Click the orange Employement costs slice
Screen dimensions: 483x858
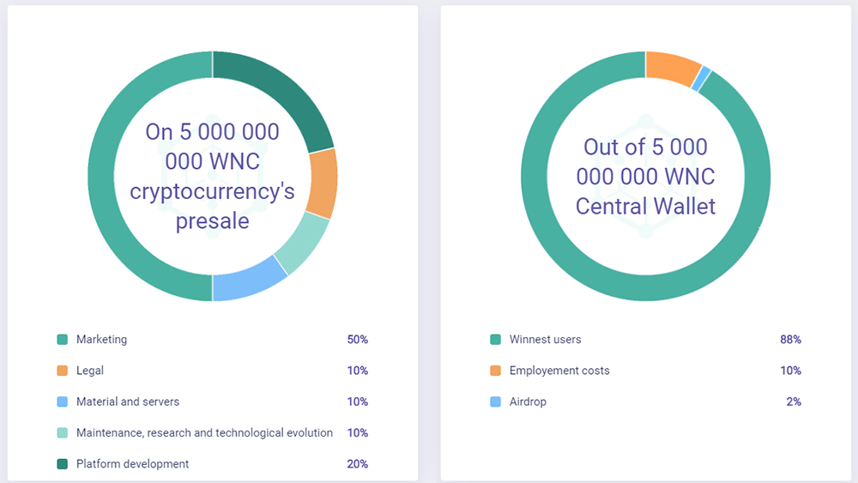674,68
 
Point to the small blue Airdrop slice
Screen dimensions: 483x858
705,78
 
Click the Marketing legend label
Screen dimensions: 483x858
101,340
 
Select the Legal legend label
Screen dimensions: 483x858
90,371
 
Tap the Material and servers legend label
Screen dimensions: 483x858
128,401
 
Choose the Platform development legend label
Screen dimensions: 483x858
132,464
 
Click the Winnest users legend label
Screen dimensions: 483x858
545,340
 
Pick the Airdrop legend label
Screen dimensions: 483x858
528,401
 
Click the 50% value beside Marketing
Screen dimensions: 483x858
358,340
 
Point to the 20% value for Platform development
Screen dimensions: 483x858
358,464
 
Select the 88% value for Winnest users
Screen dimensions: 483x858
791,340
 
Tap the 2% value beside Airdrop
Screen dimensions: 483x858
795,401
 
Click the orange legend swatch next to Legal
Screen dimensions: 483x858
63,371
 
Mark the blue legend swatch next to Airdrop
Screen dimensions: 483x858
496,401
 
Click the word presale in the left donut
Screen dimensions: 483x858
213,221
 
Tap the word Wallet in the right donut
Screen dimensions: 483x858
681,206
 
